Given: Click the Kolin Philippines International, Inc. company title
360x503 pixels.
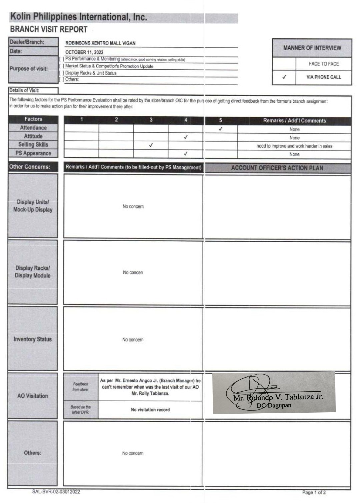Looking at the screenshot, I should tap(79, 17).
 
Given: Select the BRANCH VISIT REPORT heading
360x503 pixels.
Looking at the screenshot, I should tap(49, 29).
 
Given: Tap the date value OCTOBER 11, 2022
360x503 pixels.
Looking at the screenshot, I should tap(84, 52).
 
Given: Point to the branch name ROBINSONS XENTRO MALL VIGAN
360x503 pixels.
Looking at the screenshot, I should tap(100, 43).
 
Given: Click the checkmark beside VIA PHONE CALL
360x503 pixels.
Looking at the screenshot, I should tap(284, 77).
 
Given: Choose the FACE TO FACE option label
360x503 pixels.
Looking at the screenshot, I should tap(324, 64).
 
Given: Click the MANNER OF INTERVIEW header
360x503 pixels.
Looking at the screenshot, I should tap(312, 48).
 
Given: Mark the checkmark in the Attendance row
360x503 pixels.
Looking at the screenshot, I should tap(220, 129).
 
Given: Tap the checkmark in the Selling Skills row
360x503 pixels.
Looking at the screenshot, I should tap(151, 145).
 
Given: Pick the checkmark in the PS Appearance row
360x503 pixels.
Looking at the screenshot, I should tap(186, 154).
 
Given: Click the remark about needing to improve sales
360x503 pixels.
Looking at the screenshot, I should tap(294, 146).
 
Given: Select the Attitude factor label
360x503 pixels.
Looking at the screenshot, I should tap(33, 136).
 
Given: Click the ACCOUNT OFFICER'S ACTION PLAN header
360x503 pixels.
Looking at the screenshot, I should tap(277, 168).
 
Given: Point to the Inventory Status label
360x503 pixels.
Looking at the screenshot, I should tap(33, 339).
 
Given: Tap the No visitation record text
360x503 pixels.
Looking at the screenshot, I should tap(150, 410).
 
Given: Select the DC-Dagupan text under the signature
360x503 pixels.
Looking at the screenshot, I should tap(274, 405).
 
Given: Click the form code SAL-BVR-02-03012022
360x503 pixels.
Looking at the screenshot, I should tap(56, 492).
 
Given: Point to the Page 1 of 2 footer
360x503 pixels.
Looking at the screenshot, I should tap(314, 492).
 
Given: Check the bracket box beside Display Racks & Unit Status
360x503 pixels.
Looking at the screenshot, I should tap(61, 73).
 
